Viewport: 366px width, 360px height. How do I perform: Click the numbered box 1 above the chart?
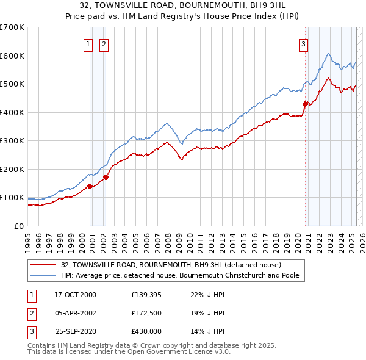[x=88, y=43]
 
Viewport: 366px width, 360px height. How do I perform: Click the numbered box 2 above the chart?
[x=104, y=43]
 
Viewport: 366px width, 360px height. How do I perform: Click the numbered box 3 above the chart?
[x=303, y=43]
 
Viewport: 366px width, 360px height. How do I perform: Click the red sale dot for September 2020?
[x=305, y=104]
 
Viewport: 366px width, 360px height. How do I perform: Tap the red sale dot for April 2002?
[x=106, y=177]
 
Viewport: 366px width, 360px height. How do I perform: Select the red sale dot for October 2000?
[x=90, y=186]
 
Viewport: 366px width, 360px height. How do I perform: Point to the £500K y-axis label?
[x=12, y=84]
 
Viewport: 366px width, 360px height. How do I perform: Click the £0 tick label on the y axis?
[x=18, y=226]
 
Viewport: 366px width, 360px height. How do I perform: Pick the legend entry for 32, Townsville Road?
[x=171, y=265]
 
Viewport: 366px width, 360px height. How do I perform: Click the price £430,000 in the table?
[x=146, y=331]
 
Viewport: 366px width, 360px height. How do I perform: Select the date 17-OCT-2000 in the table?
[x=76, y=295]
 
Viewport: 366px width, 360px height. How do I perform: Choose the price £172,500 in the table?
[x=146, y=313]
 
